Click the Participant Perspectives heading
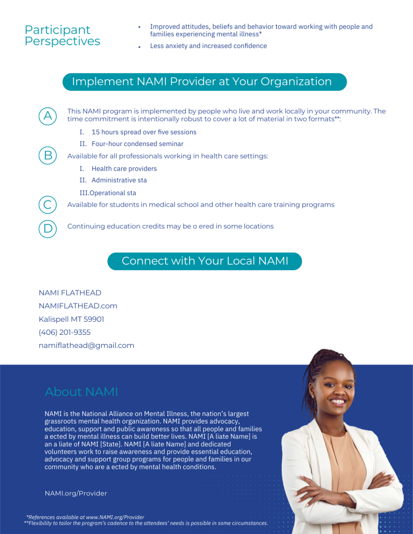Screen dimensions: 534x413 [62, 35]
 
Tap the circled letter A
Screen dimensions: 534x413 [48, 116]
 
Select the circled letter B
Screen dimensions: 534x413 [48, 155]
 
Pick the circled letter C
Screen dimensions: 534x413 [48, 204]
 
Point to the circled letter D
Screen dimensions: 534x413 [48, 228]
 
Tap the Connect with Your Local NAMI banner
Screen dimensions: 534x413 [205, 261]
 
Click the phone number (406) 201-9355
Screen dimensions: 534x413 [64, 332]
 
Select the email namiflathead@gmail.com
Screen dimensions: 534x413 [86, 345]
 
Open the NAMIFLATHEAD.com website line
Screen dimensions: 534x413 [78, 306]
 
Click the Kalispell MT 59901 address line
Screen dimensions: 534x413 [71, 319]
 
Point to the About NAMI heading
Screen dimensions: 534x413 [81, 392]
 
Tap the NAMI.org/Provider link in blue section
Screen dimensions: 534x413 [76, 493]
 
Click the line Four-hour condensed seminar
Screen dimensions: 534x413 [137, 144]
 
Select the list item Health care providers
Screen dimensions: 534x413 [124, 169]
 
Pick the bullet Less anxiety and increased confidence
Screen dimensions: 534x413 [208, 46]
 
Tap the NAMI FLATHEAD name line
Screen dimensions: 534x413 [70, 293]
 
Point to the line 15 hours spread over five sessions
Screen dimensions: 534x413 [144, 132]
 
